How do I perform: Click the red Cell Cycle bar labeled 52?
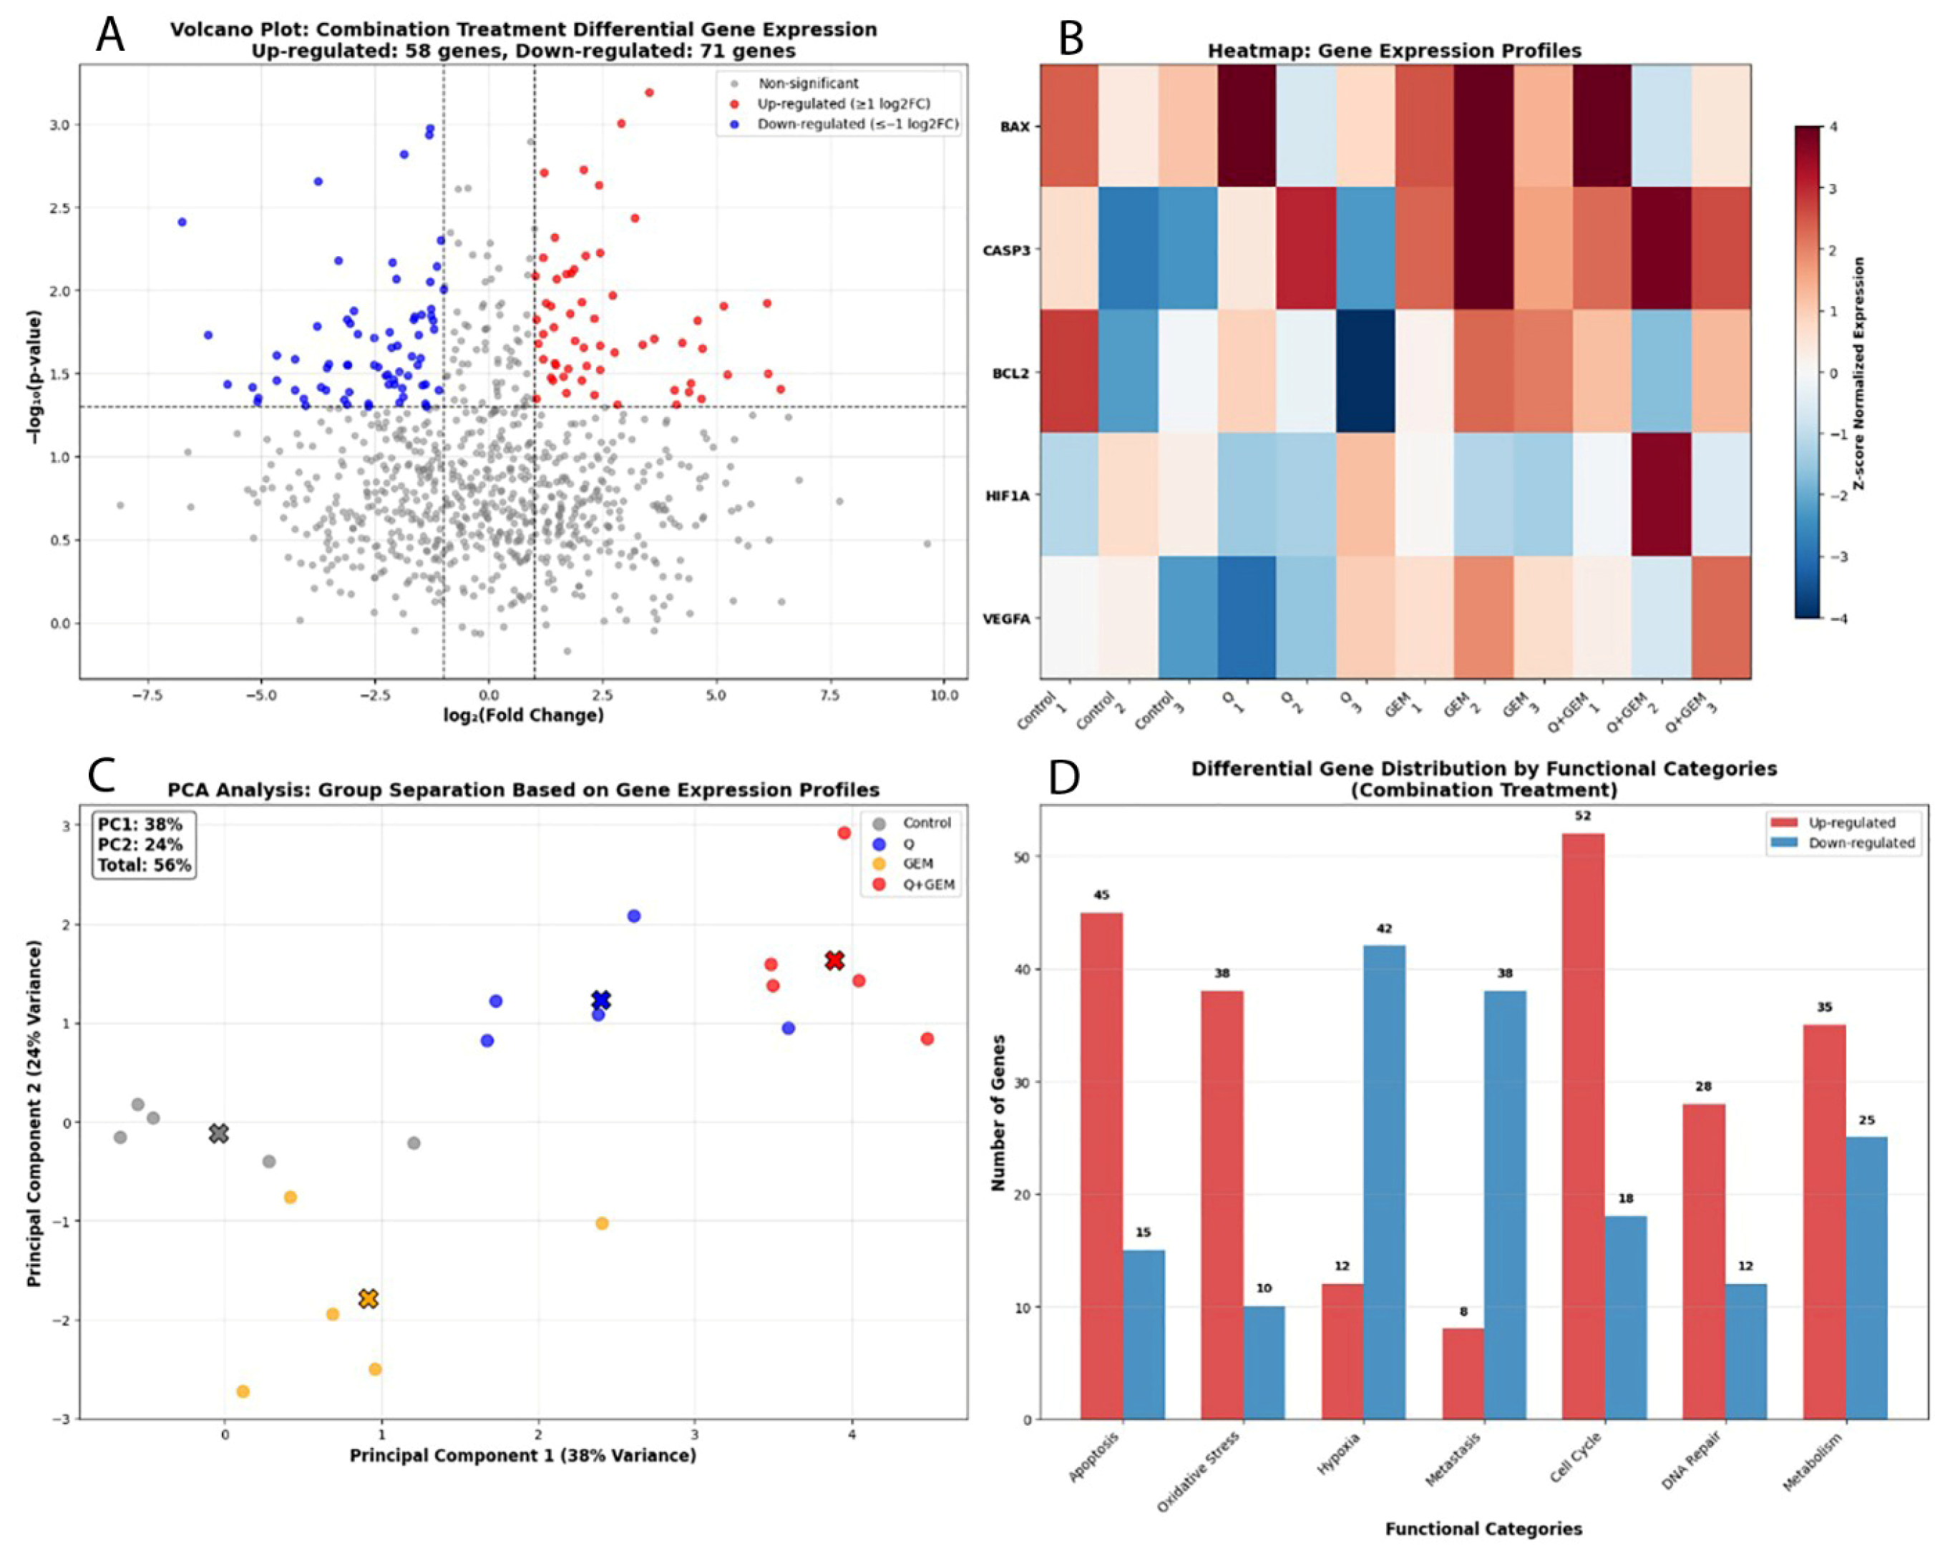pyautogui.click(x=1582, y=1126)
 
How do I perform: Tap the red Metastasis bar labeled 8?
pyautogui.click(x=1463, y=1373)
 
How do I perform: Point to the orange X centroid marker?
pyautogui.click(x=367, y=1298)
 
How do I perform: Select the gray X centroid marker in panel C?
pyautogui.click(x=218, y=1133)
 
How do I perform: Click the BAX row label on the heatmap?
pyautogui.click(x=1014, y=127)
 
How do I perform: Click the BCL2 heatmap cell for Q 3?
pyautogui.click(x=1366, y=372)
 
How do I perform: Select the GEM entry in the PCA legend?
pyautogui.click(x=918, y=863)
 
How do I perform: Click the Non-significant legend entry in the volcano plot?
pyautogui.click(x=808, y=83)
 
